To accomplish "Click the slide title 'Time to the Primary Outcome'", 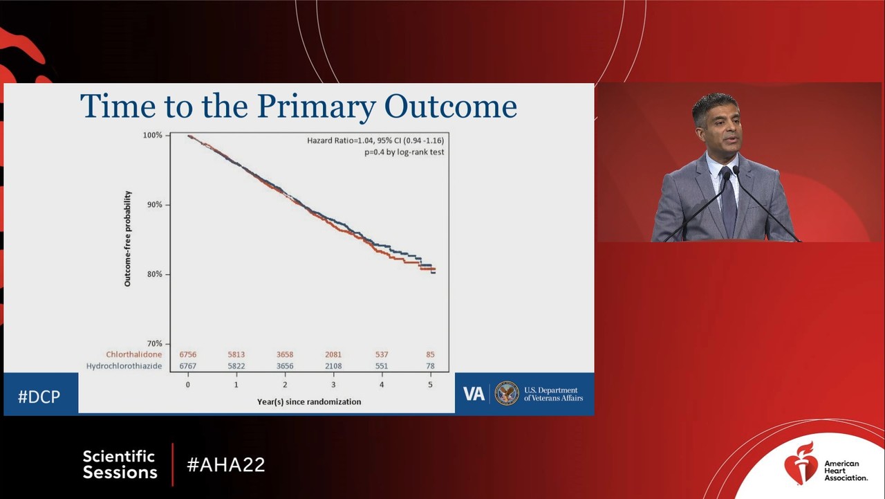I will [x=299, y=107].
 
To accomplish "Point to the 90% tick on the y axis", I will [x=153, y=205].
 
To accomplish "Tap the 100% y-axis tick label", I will [x=152, y=135].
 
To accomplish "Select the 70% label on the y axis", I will [x=153, y=343].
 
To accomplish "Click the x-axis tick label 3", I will [x=333, y=384].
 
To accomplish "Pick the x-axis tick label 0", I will [x=188, y=384].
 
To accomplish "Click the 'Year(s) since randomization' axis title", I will [x=308, y=401].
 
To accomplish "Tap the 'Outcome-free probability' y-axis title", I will [x=128, y=239].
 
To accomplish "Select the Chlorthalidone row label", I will [x=133, y=354].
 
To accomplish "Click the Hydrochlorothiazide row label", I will [x=124, y=365].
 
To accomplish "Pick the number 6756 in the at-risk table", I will [x=188, y=354].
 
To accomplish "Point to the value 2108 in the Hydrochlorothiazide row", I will [x=333, y=365].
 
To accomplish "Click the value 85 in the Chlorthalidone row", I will [x=431, y=354].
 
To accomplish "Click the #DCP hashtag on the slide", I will [x=39, y=397].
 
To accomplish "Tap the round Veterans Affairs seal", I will [x=507, y=393].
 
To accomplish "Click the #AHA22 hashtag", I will [x=226, y=464].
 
